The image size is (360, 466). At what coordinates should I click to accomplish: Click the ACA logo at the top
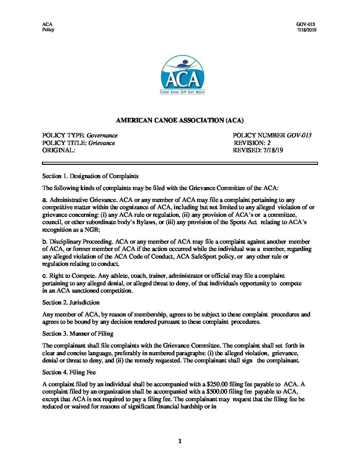(182, 75)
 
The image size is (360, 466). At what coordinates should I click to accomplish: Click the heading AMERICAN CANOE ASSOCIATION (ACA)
(180, 120)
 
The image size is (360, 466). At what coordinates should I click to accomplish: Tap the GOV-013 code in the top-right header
(305, 24)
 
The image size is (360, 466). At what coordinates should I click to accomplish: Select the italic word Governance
(102, 135)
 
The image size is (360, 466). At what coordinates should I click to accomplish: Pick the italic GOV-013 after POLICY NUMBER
(299, 135)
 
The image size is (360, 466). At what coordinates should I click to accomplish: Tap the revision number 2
(269, 143)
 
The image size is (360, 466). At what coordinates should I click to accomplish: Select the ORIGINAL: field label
(59, 150)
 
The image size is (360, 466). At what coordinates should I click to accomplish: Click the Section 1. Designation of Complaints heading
(90, 176)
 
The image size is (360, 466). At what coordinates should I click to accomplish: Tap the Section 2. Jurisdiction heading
(71, 303)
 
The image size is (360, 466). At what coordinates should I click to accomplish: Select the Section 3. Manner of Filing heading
(78, 334)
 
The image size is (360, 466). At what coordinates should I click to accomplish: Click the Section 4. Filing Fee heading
(69, 372)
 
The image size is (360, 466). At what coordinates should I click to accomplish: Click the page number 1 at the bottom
(180, 441)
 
